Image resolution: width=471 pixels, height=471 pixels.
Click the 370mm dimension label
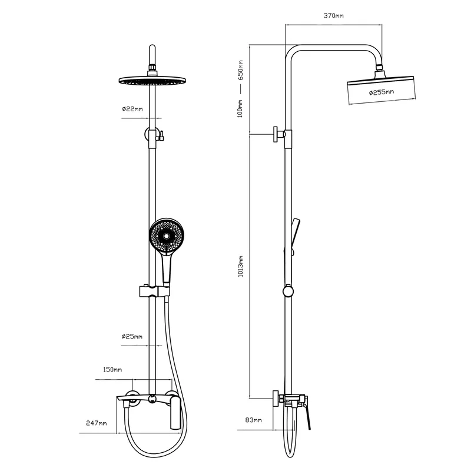pos(333,15)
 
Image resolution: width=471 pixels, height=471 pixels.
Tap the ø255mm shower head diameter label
pos(382,92)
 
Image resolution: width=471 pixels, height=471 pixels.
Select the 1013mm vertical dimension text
pos(241,266)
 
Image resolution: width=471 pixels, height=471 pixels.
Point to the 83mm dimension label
pos(253,420)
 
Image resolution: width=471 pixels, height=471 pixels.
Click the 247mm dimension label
pos(96,423)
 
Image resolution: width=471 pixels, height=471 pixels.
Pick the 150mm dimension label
pos(112,370)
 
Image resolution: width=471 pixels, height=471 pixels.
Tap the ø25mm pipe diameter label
pos(132,336)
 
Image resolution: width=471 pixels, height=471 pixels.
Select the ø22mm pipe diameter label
pos(132,109)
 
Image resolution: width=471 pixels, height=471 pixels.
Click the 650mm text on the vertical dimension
pos(241,70)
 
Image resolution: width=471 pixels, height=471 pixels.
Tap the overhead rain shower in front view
pos(152,80)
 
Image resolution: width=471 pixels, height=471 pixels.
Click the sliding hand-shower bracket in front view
pos(155,291)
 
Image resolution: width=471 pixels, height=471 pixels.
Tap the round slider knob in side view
pos(288,291)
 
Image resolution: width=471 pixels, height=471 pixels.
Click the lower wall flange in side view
pos(276,399)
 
